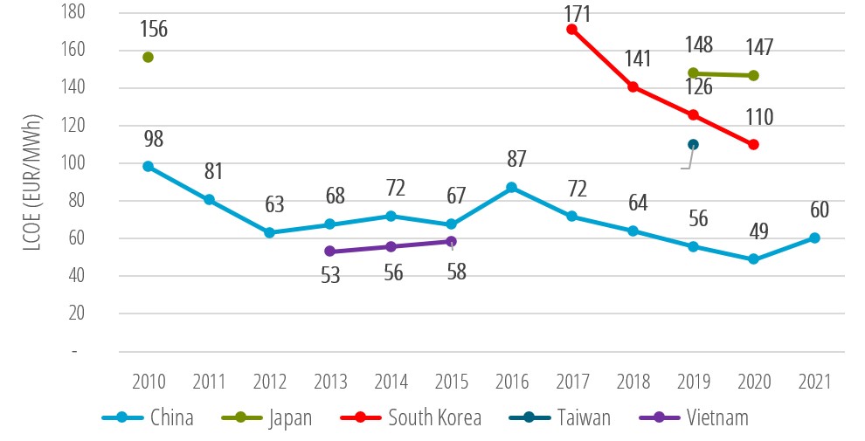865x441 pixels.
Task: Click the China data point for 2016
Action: pos(512,188)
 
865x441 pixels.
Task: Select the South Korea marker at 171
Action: pos(572,29)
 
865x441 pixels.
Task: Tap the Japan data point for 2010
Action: pos(149,58)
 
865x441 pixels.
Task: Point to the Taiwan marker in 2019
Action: pos(693,145)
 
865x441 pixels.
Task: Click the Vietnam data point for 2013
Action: pos(330,252)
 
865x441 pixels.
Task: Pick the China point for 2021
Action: pos(814,238)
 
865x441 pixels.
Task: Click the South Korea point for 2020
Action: pos(753,144)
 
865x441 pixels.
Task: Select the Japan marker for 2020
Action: pos(753,76)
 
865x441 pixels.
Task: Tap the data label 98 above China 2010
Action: pos(153,139)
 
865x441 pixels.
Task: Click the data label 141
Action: pos(638,59)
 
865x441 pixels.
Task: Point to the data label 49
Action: pos(759,231)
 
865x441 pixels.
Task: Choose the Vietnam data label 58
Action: pos(456,272)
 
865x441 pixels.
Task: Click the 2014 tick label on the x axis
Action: pos(391,382)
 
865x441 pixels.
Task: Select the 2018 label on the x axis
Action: pos(633,382)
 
